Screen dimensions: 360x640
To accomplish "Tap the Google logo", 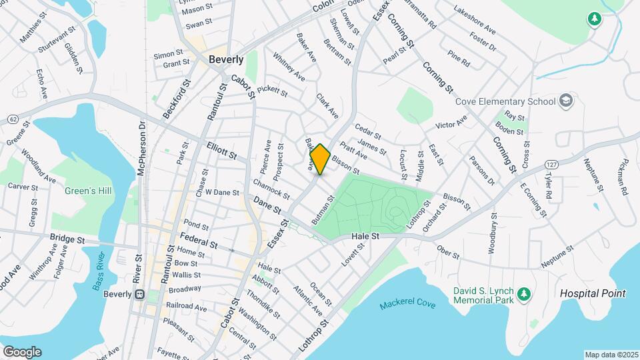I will [22, 352].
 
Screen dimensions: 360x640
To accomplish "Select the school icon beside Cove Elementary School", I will [566, 101].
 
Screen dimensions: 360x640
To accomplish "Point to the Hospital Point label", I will [593, 293].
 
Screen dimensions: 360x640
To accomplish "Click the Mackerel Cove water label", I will [407, 305].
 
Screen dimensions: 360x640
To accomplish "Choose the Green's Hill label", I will [87, 191].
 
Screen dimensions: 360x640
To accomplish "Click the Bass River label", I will [99, 276].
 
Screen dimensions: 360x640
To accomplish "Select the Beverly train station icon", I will [139, 294].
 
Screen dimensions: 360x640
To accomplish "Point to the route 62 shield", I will [13, 119].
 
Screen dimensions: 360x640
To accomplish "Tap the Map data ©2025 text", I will [611, 355].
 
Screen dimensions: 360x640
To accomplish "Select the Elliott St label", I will [222, 150].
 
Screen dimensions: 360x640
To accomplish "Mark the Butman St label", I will [322, 210].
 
